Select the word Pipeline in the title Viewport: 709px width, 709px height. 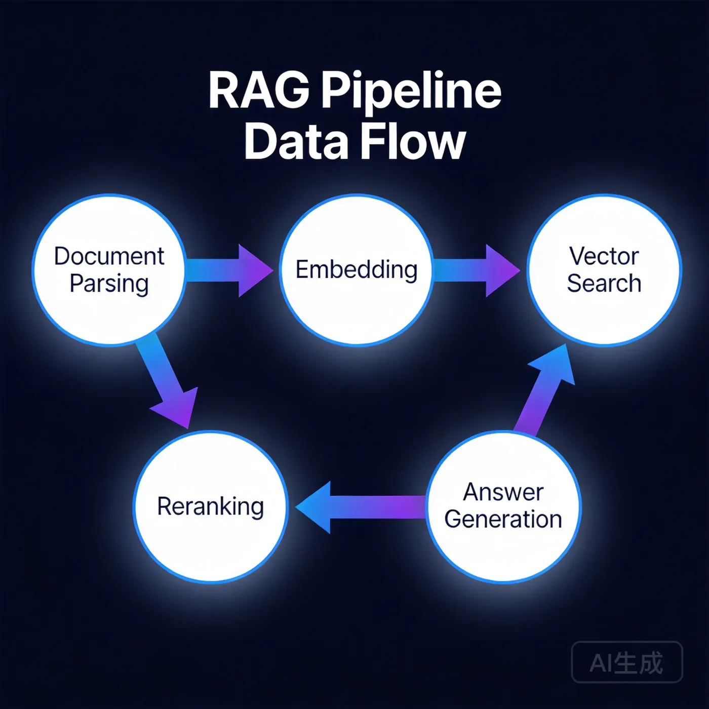(x=411, y=91)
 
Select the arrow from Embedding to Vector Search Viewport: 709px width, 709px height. (x=476, y=270)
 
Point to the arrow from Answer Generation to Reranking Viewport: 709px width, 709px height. (x=360, y=507)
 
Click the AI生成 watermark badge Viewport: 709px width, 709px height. (x=626, y=662)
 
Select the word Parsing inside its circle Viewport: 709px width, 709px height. (x=109, y=284)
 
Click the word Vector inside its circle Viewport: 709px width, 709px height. (x=604, y=256)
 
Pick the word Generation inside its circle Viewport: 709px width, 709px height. (x=503, y=520)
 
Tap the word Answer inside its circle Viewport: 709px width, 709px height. (x=503, y=492)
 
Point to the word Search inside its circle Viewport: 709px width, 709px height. (x=604, y=283)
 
